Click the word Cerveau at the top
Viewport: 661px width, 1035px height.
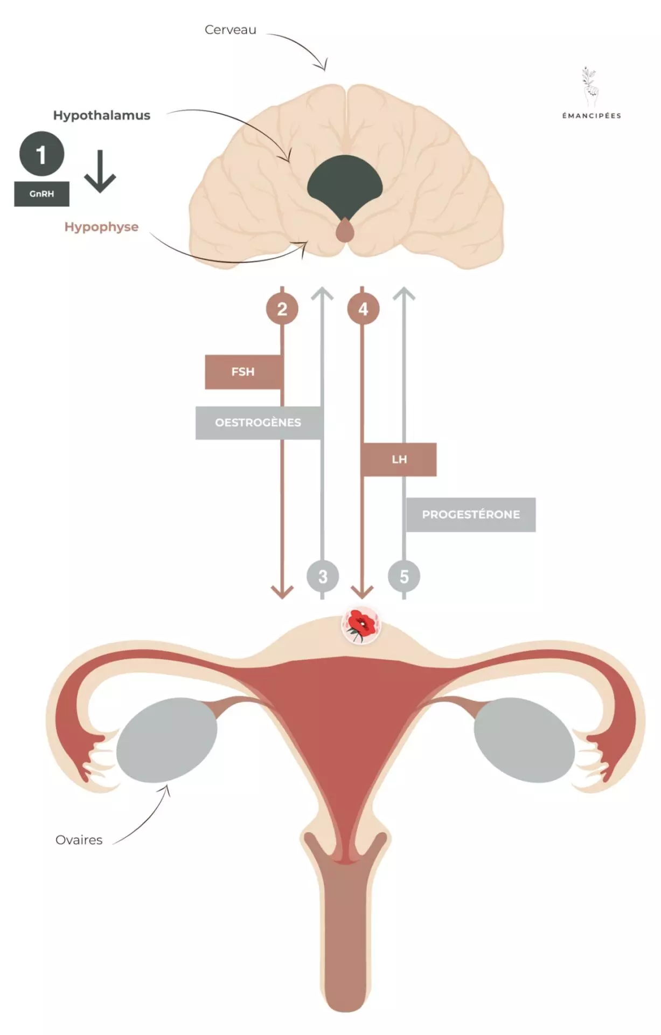point(230,30)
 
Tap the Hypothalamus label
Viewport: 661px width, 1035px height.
point(101,115)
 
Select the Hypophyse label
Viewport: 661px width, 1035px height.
point(101,227)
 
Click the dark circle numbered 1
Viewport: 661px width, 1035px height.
point(41,154)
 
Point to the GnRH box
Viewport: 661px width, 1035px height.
point(41,194)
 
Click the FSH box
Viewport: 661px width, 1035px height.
point(243,372)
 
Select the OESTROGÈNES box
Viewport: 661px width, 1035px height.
point(259,423)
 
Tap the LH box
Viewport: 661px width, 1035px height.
point(399,459)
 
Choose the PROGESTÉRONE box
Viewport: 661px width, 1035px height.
point(470,514)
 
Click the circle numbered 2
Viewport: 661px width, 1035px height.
point(282,309)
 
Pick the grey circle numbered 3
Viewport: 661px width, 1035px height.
point(323,576)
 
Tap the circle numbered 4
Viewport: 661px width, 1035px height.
point(363,309)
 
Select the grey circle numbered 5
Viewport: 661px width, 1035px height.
point(404,576)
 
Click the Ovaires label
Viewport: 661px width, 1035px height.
point(79,840)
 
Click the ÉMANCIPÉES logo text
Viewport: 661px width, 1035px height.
point(592,115)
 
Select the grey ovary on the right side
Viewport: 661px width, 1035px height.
point(524,740)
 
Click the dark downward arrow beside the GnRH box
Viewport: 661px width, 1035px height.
point(100,171)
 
